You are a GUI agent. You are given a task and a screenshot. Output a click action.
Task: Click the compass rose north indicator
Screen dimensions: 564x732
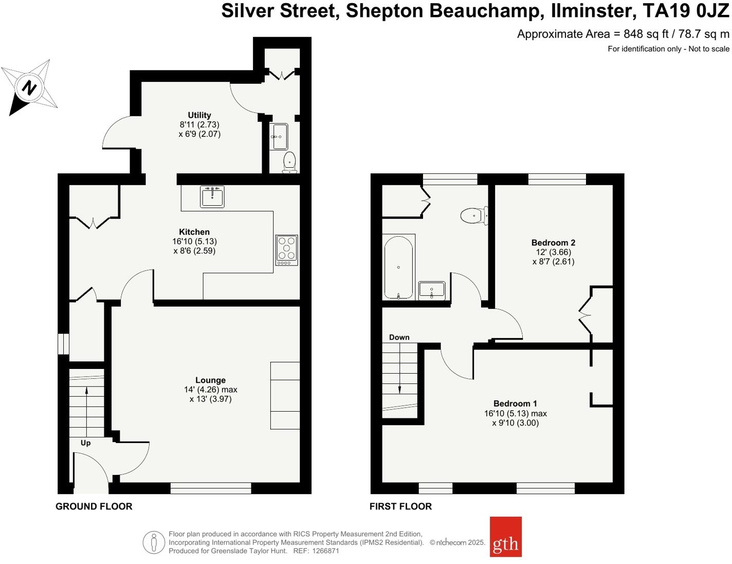point(30,87)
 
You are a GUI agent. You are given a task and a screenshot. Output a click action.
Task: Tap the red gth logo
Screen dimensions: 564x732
point(505,537)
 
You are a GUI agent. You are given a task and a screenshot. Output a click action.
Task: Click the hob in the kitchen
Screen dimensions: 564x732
point(287,250)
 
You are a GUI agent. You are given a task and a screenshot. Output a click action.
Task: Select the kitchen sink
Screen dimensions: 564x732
point(212,196)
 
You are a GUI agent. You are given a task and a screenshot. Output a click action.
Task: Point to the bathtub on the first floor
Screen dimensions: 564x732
point(398,267)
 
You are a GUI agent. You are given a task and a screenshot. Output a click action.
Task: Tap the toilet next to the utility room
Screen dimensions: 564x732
point(289,162)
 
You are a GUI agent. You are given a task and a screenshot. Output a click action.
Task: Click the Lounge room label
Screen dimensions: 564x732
point(210,380)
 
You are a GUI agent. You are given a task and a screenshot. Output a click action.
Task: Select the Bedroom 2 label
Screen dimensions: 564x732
point(553,242)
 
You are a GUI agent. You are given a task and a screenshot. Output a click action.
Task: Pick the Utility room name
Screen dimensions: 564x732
point(199,115)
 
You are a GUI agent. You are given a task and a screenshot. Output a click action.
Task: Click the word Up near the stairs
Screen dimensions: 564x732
point(85,443)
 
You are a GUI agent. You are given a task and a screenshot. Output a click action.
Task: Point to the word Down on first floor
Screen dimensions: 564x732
point(399,338)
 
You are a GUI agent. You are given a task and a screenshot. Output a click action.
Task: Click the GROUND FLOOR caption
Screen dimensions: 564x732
point(94,506)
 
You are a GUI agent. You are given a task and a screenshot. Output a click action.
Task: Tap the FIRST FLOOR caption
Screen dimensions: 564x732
point(400,506)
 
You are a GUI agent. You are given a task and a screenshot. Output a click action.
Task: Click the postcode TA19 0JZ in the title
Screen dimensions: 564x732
point(686,11)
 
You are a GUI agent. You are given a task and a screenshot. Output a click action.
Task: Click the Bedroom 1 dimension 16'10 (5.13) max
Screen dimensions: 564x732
point(515,413)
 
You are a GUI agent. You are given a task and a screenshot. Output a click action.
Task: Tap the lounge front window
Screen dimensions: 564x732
point(211,488)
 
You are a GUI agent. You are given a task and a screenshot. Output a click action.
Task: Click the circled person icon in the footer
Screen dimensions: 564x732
point(154,542)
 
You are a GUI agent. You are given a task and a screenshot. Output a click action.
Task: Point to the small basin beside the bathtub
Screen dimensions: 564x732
point(432,290)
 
